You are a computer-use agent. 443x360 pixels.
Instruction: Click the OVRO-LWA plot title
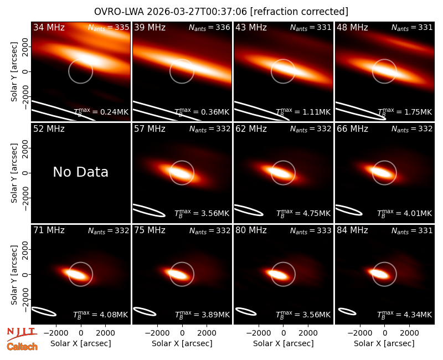pos(221,12)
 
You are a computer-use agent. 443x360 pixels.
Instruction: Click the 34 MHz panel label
pos(49,27)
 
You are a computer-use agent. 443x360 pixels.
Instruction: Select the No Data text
pos(80,172)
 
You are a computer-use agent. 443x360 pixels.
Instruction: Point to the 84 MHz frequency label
pos(352,230)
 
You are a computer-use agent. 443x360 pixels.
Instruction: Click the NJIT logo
pos(22,334)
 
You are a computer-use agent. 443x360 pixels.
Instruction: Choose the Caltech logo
pos(22,347)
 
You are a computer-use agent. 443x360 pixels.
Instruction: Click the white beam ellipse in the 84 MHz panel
pos(347,311)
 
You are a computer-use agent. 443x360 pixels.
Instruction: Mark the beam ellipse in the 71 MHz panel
pos(44,311)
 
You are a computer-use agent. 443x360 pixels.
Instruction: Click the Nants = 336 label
pos(209,27)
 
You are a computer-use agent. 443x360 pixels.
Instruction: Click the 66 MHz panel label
pos(352,129)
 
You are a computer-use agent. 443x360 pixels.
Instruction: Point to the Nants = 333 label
pos(311,230)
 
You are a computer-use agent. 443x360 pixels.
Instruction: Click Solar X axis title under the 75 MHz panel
pos(182,343)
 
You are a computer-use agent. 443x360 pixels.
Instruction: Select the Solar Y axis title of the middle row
pos(14,173)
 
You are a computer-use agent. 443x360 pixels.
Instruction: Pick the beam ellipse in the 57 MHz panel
pos(149,210)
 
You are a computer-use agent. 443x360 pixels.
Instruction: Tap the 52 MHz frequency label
pos(49,129)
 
